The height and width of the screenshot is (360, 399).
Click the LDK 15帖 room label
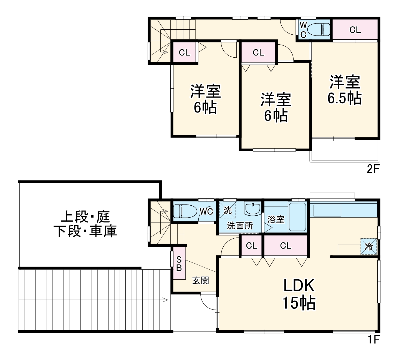coord(299,294)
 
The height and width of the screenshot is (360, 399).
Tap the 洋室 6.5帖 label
coord(344,90)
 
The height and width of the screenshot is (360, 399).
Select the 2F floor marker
coord(373,169)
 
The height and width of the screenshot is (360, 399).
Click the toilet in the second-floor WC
coord(319,29)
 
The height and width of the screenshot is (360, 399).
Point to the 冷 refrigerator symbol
coord(369,246)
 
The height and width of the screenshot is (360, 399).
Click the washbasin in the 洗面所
coord(252,208)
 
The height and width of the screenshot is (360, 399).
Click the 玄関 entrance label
coord(201,280)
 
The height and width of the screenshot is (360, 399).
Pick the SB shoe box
coord(179,264)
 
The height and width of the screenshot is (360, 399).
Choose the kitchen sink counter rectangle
coord(327,211)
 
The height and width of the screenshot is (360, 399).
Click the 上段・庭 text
coord(85,217)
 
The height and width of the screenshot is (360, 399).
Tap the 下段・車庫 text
coord(85,231)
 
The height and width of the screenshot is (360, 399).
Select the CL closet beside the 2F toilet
coord(355,30)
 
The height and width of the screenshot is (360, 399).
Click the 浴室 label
coord(276,219)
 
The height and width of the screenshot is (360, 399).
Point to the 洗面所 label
coord(240,226)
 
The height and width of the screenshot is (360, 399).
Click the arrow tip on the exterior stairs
coord(167,300)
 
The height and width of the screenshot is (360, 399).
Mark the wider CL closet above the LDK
coord(286,246)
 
